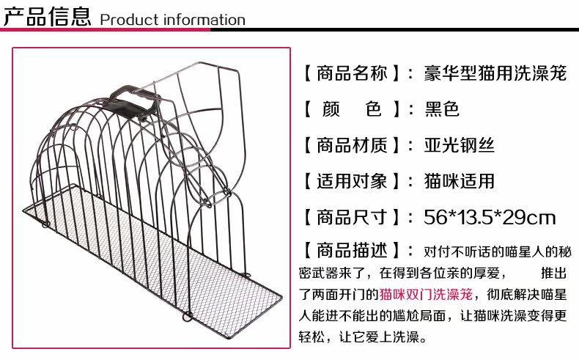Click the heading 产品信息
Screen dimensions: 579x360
tap(47, 15)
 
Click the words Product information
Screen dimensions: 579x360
tap(172, 20)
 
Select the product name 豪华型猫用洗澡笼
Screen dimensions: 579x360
tap(495, 74)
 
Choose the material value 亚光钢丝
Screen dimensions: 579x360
tap(460, 146)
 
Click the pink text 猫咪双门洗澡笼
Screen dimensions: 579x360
tap(425, 295)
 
